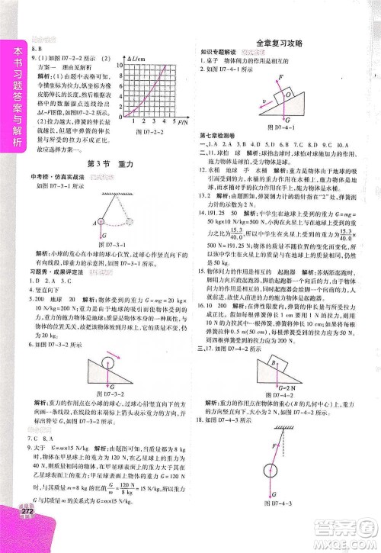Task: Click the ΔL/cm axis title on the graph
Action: (140, 59)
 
